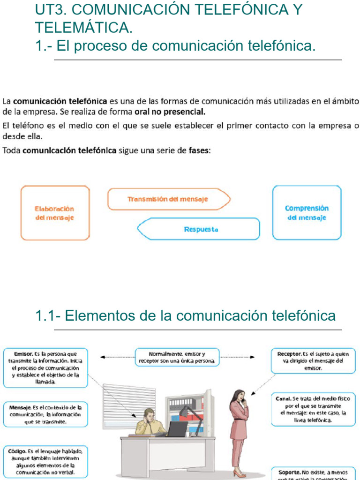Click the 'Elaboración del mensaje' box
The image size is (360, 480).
click(55, 213)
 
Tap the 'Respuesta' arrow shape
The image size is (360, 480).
click(198, 229)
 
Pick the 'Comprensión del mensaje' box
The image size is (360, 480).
click(307, 213)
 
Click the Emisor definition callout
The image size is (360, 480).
click(45, 368)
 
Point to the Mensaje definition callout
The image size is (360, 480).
click(45, 414)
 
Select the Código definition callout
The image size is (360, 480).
click(45, 461)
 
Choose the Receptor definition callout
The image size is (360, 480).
click(314, 361)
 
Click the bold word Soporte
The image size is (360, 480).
click(289, 472)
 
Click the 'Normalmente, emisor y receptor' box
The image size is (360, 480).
click(177, 357)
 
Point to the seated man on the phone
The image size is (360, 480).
click(149, 422)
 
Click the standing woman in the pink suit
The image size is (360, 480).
click(239, 427)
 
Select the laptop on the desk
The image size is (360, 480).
click(177, 429)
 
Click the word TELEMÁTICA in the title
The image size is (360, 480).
click(83, 28)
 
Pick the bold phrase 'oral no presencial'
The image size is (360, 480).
click(170, 112)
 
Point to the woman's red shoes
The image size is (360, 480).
click(239, 474)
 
